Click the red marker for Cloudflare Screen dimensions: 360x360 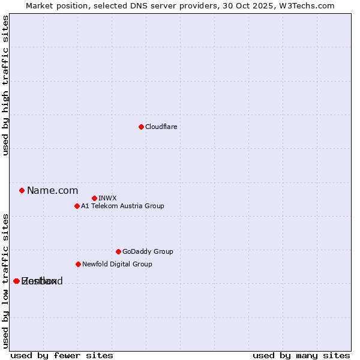tap(141, 127)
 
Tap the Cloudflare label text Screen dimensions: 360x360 tap(161, 127)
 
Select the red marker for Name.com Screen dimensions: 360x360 tap(22, 190)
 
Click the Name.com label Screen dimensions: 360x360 tap(52, 190)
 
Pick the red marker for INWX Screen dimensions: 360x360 tap(94, 198)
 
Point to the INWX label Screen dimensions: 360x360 tap(107, 198)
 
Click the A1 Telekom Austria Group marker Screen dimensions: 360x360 tap(77, 206)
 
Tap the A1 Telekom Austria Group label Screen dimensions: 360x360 tap(122, 206)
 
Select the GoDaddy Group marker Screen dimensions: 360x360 tap(118, 251)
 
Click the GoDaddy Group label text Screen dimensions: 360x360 tap(148, 251)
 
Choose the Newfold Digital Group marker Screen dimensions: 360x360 tap(78, 264)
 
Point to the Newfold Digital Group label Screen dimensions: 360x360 tap(117, 264)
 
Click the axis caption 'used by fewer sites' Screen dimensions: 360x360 tap(62, 355)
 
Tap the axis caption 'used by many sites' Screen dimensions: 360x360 tap(301, 355)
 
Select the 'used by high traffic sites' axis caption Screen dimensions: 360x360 tap(5, 85)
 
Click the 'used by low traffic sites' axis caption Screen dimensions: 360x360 tap(5, 280)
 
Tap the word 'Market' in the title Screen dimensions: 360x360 tap(40, 5)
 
